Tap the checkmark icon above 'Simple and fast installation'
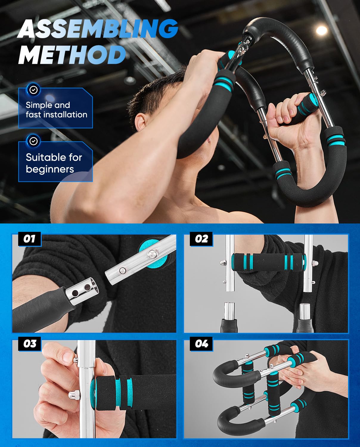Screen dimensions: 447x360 34,89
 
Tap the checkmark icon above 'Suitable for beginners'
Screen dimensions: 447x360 34,141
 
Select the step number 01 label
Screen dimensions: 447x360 29,239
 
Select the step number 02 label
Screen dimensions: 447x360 201,239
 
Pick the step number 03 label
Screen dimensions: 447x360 30,344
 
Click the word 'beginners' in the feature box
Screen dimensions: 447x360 50,169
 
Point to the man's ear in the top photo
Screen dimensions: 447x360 141,121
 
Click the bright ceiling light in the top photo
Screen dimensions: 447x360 322,30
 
